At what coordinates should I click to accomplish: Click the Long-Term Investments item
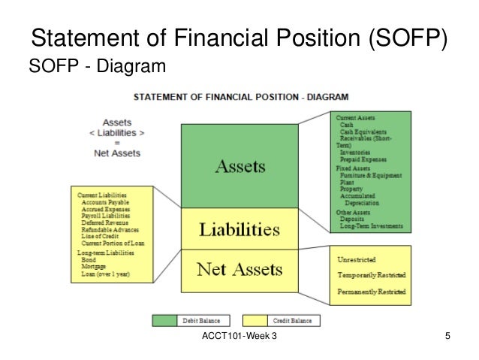point(372,226)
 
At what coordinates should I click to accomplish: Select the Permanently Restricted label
point(372,291)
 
